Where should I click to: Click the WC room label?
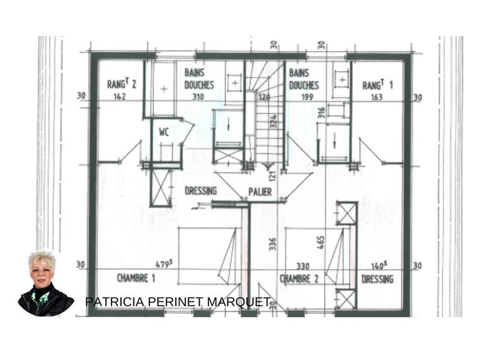tap(164, 133)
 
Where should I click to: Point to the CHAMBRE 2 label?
tap(299, 278)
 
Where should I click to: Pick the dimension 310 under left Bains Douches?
tap(198, 97)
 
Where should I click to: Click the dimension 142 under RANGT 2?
tap(120, 97)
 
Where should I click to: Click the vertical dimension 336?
tap(273, 243)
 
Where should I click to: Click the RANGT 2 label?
tap(120, 84)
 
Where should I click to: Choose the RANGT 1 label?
tap(379, 84)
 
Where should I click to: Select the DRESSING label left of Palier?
tap(200, 191)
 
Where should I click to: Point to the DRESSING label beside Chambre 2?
tap(377, 279)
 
